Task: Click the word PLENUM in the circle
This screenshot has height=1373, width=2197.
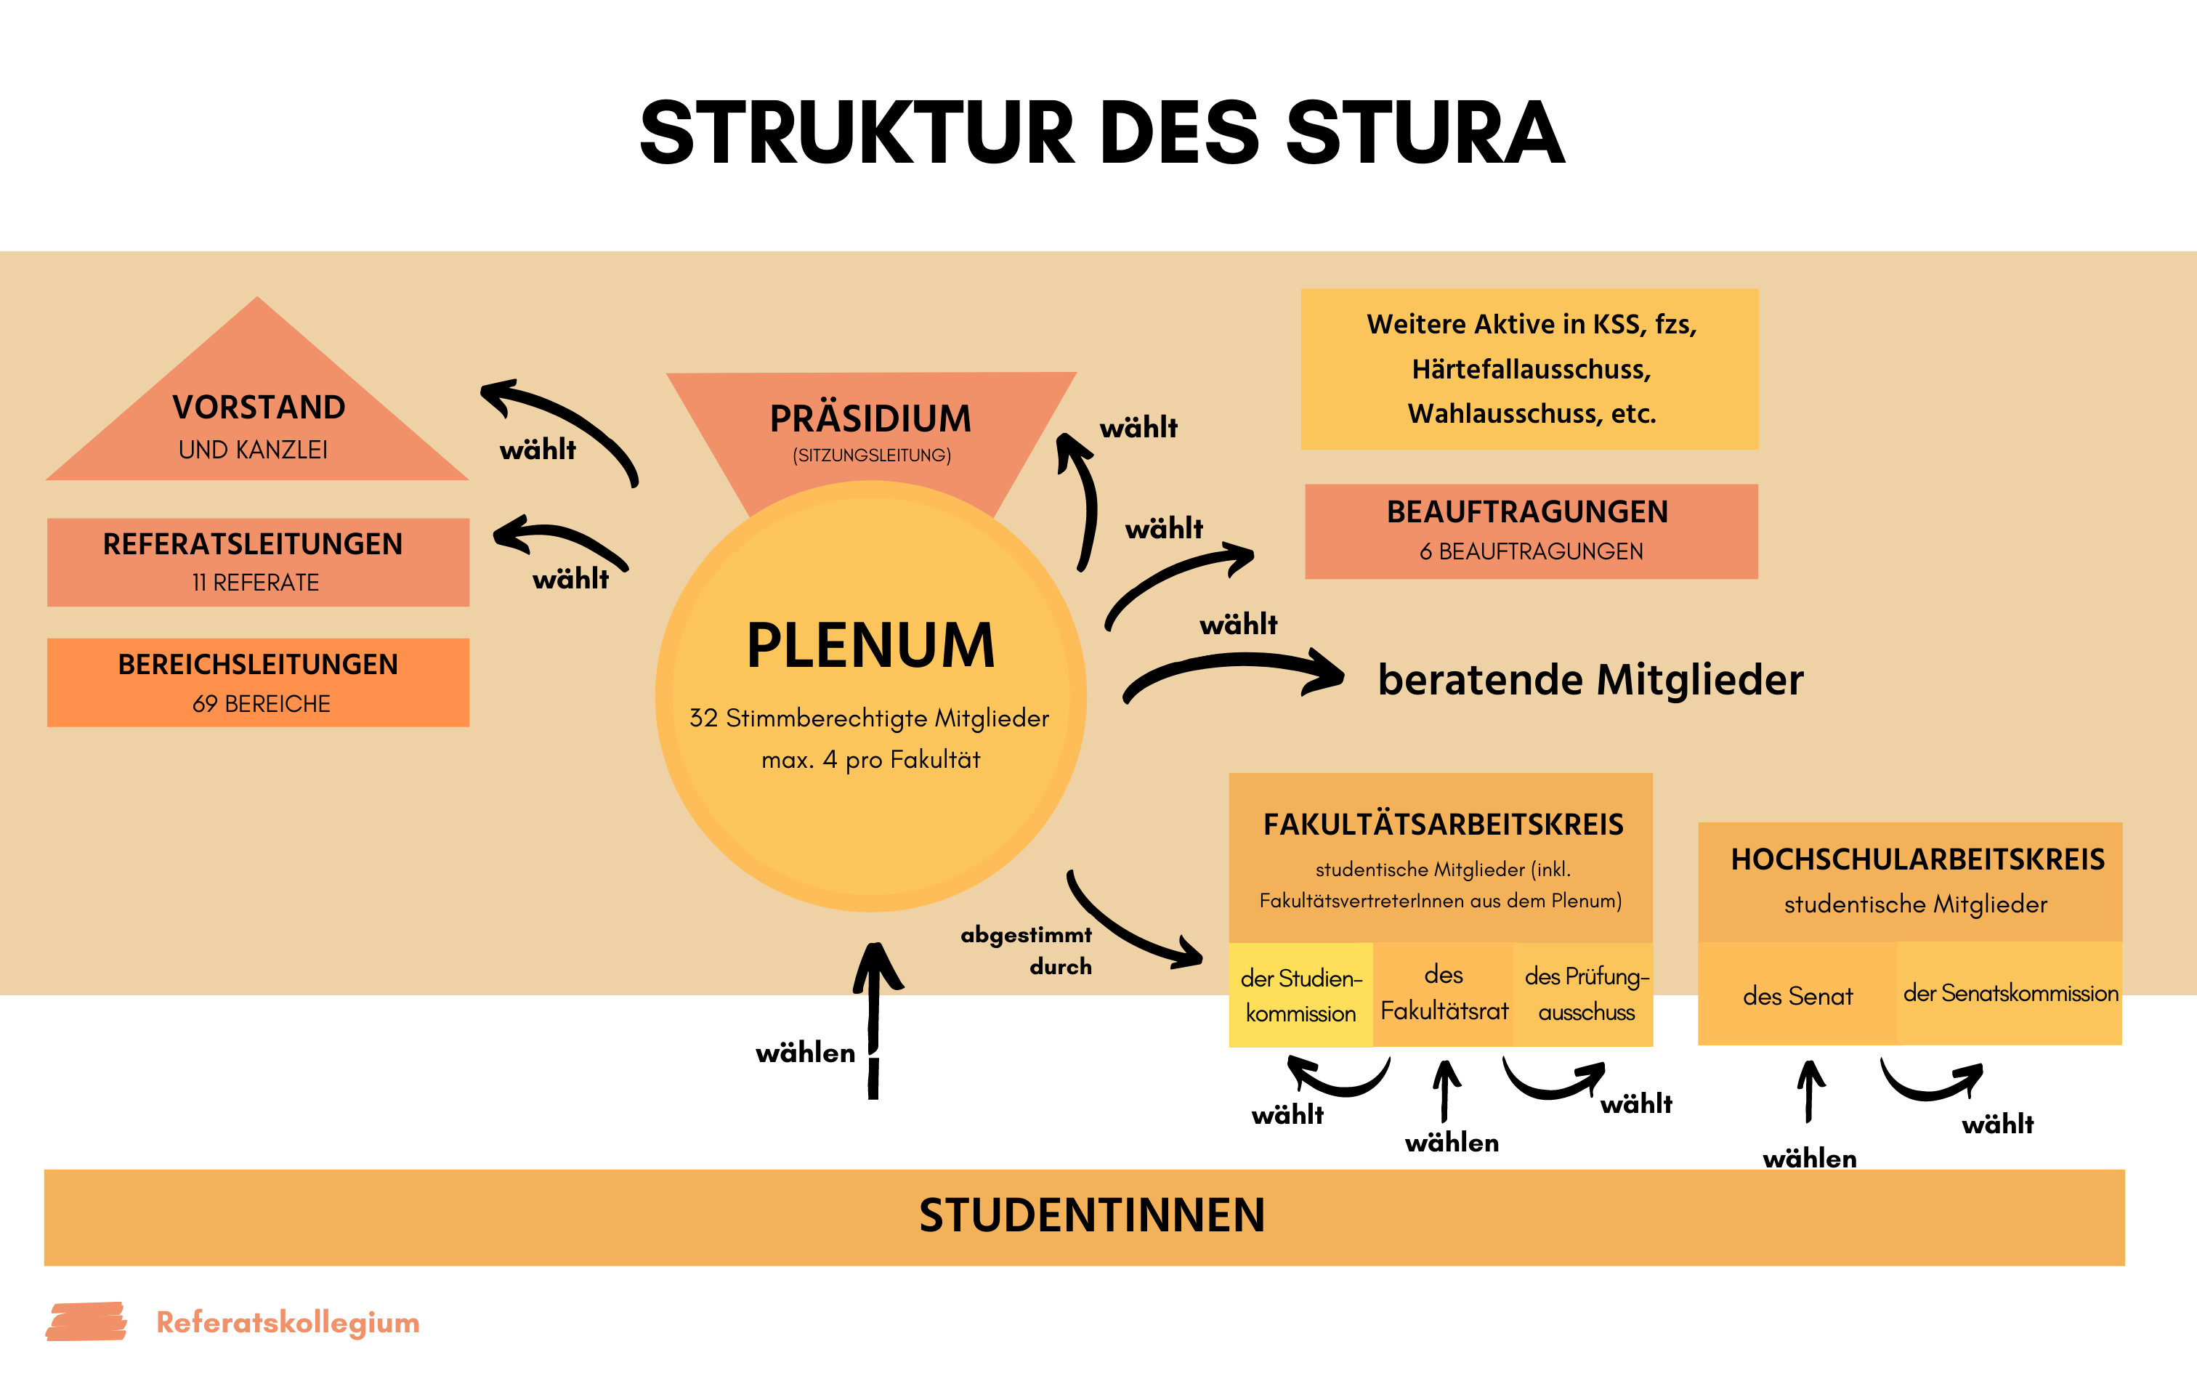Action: tap(870, 646)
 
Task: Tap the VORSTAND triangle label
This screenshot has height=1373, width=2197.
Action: tap(259, 408)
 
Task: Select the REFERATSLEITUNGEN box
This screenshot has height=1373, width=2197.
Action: tap(258, 561)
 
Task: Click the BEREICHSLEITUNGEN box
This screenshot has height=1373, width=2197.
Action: tap(258, 682)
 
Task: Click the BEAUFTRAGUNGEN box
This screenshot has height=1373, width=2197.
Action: tap(1531, 530)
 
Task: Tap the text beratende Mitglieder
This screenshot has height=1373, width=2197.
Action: tap(1590, 680)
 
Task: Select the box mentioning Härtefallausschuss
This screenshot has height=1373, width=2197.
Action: tap(1530, 369)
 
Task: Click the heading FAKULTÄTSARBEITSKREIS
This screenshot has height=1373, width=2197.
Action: tap(1443, 825)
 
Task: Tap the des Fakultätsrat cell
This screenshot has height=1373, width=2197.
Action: tap(1444, 994)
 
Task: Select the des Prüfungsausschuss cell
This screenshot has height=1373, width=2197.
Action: tap(1585, 995)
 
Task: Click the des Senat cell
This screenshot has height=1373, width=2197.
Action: tap(1797, 996)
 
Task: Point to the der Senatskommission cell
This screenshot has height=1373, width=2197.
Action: tap(2010, 994)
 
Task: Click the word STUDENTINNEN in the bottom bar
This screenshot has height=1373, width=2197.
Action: tap(1091, 1216)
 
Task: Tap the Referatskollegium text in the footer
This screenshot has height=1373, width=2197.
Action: tap(288, 1322)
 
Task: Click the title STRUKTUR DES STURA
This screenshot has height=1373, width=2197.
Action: tap(1101, 134)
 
